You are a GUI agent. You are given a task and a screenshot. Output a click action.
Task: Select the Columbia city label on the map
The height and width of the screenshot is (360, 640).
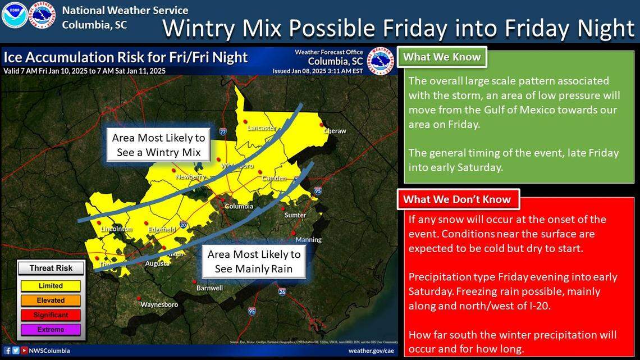coord(239,206)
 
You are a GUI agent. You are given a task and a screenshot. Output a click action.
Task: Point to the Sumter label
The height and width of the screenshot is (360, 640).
coord(295,215)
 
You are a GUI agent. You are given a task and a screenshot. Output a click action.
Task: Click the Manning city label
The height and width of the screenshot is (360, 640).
coord(308,240)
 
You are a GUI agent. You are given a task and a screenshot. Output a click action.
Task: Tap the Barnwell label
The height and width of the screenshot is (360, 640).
coord(209,288)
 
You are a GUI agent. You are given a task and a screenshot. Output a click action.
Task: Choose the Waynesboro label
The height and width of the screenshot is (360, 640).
coord(159,304)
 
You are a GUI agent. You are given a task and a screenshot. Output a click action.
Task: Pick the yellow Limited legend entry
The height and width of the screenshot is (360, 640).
coord(51,286)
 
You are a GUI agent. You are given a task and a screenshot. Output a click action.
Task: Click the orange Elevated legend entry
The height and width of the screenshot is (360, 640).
coord(51,300)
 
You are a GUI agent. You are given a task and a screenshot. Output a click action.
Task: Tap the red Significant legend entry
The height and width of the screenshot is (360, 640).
coord(51,315)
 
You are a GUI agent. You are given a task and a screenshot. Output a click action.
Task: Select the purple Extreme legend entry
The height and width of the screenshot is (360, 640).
coord(51,330)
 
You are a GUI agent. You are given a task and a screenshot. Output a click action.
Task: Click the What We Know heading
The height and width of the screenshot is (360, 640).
coord(442,57)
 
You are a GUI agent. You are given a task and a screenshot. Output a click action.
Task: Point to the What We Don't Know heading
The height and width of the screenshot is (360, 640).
coord(457,199)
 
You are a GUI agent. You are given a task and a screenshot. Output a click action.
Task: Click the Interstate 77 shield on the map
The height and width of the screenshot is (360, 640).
coord(223,132)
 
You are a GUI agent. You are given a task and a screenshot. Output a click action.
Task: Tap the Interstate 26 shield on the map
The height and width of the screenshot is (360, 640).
coord(282,291)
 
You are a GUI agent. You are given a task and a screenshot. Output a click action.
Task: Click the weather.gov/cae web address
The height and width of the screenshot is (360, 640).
coord(371,351)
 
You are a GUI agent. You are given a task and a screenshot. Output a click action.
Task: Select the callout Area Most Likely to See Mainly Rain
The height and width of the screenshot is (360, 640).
coord(254,262)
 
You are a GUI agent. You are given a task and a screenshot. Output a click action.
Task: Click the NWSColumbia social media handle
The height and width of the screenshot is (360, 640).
coord(49,351)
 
